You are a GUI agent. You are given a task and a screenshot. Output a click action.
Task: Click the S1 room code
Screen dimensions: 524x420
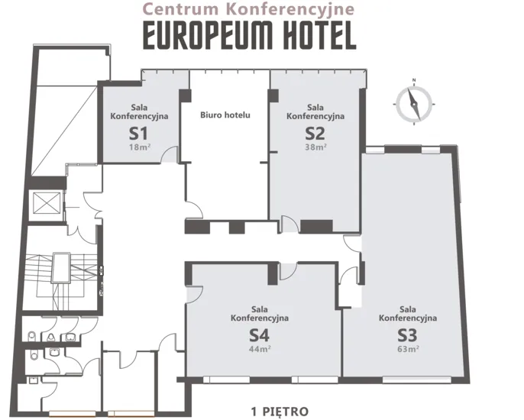(138, 134)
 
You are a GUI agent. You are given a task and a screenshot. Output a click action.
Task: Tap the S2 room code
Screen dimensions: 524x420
(315, 134)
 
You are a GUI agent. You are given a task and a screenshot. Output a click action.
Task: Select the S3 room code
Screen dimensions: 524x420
(407, 335)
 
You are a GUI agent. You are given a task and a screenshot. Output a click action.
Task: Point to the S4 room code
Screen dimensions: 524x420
(260, 335)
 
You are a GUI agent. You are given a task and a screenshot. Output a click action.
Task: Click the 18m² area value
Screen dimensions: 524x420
(140, 147)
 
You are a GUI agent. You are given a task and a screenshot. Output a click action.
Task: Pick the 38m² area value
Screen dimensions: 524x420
(315, 147)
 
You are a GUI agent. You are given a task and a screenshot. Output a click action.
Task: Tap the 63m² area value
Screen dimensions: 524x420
(409, 349)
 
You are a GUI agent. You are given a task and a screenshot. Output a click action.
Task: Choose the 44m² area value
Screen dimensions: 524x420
(260, 349)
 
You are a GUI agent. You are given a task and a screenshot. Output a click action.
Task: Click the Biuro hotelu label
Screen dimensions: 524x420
(225, 115)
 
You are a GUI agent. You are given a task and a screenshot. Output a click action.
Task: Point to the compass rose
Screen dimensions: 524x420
(414, 104)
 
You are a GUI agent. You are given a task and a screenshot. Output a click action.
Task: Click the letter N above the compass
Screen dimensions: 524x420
(414, 80)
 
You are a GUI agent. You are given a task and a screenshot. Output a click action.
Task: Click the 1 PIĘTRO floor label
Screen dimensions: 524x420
(280, 411)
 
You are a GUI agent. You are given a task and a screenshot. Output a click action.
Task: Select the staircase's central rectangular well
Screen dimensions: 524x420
(61, 267)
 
